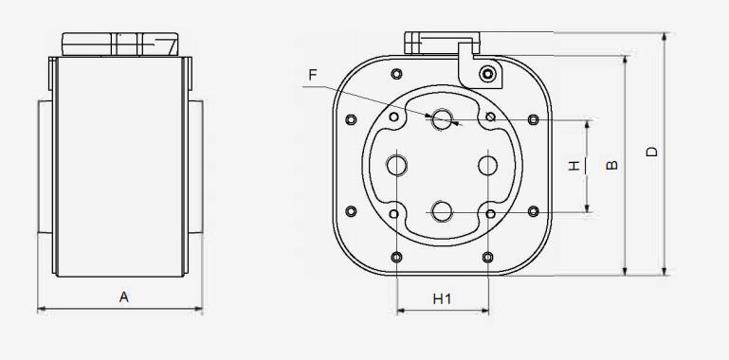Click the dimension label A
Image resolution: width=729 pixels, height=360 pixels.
123,297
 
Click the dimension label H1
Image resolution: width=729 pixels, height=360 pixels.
442,299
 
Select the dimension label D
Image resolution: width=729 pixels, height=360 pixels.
652,152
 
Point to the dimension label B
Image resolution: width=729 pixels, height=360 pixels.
612,165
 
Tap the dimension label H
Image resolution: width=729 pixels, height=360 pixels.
574,166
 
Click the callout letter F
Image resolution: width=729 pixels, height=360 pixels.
313,75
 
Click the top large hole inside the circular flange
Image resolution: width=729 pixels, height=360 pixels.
442,119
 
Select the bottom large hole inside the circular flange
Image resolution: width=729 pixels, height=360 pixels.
442,212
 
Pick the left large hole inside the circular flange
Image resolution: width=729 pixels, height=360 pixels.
396,166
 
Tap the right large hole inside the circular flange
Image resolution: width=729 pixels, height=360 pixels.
487,166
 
